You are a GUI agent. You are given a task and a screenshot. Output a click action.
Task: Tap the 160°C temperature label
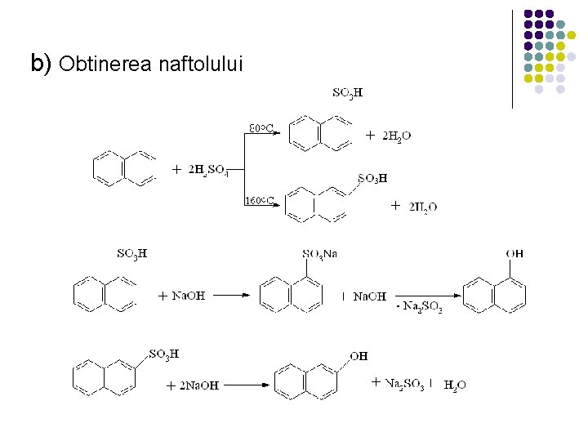tap(260, 200)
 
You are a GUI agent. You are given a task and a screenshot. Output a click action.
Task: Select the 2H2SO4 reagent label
tap(207, 170)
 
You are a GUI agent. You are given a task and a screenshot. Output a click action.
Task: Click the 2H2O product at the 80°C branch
tap(397, 136)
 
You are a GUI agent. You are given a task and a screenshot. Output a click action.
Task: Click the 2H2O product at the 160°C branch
tap(423, 207)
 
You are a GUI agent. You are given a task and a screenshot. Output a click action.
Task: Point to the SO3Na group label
tap(319, 254)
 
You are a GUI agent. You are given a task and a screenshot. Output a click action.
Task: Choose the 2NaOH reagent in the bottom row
tap(198, 385)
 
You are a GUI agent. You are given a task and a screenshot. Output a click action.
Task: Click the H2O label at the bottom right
tap(455, 385)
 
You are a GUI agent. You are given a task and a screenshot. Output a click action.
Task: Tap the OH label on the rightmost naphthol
tap(514, 254)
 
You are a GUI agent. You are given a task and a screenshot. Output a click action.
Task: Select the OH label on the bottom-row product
tap(359, 356)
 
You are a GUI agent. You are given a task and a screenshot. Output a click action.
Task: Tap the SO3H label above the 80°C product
tap(348, 92)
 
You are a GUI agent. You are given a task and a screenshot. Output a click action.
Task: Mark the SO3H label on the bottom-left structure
tap(164, 354)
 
